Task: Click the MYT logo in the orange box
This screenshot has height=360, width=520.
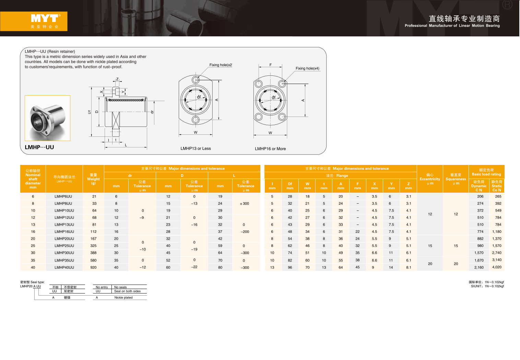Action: [46, 18]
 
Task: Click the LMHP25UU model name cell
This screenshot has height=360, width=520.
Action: [64, 245]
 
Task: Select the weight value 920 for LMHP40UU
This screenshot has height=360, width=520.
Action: [93, 267]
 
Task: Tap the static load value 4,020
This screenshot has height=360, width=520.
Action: [497, 267]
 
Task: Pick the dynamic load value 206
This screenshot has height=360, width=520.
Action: [480, 196]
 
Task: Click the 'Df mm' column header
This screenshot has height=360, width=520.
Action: [290, 186]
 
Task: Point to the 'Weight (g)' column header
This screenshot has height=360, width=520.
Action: [93, 179]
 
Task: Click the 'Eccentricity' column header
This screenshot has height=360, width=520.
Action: [430, 179]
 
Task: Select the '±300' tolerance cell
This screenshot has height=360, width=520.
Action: [245, 204]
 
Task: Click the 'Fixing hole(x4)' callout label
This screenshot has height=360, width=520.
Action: [307, 68]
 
